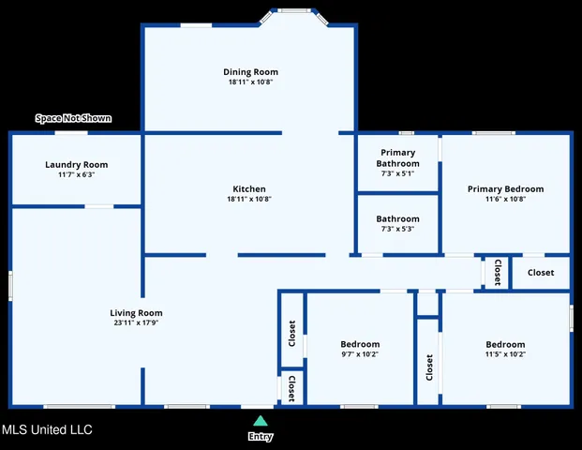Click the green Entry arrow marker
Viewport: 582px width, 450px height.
[260, 421]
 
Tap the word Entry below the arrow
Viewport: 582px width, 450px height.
[260, 437]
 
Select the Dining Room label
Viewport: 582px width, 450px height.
[250, 72]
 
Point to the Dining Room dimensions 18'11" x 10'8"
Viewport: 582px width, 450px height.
[250, 82]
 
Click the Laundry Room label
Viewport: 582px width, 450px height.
[76, 164]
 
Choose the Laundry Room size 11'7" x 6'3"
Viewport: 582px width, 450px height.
[76, 174]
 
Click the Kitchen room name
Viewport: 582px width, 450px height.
[249, 188]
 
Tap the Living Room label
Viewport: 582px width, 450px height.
[137, 313]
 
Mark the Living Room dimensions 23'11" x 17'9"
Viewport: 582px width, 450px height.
[137, 323]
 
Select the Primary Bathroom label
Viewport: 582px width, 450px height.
[398, 157]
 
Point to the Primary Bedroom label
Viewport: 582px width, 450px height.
[505, 188]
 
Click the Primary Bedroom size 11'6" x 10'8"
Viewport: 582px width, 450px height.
[505, 199]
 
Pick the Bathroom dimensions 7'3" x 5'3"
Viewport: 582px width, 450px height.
[398, 229]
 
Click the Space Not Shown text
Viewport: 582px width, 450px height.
[73, 118]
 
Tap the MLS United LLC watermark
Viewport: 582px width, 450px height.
[47, 430]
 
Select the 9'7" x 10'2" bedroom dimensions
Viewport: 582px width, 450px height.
[360, 354]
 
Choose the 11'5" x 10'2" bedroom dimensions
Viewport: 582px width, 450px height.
[505, 354]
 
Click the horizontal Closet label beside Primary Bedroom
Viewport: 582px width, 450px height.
[540, 273]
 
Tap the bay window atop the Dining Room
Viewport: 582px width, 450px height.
[294, 12]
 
